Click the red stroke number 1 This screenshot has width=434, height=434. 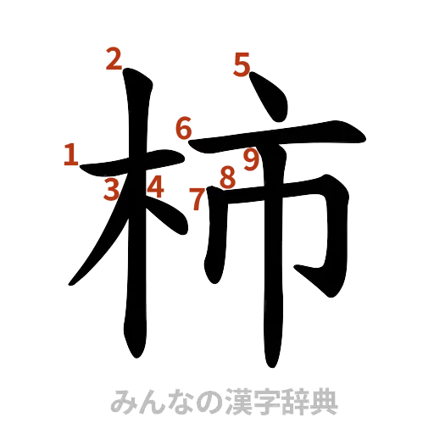coord(71,154)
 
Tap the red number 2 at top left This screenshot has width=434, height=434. coord(113,60)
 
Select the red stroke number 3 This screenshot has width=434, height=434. coord(111,190)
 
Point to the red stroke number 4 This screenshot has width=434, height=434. coord(155,186)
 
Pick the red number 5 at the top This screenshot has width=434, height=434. coord(242,64)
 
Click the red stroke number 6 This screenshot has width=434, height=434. coord(183,129)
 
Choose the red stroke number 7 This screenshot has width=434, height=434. coord(197,200)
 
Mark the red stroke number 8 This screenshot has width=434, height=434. coord(226,177)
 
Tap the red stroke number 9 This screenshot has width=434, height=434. coord(250,159)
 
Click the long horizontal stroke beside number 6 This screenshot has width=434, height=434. coord(280,136)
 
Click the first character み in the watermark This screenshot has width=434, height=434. coord(122,402)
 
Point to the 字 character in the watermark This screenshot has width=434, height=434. coord(266,402)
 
